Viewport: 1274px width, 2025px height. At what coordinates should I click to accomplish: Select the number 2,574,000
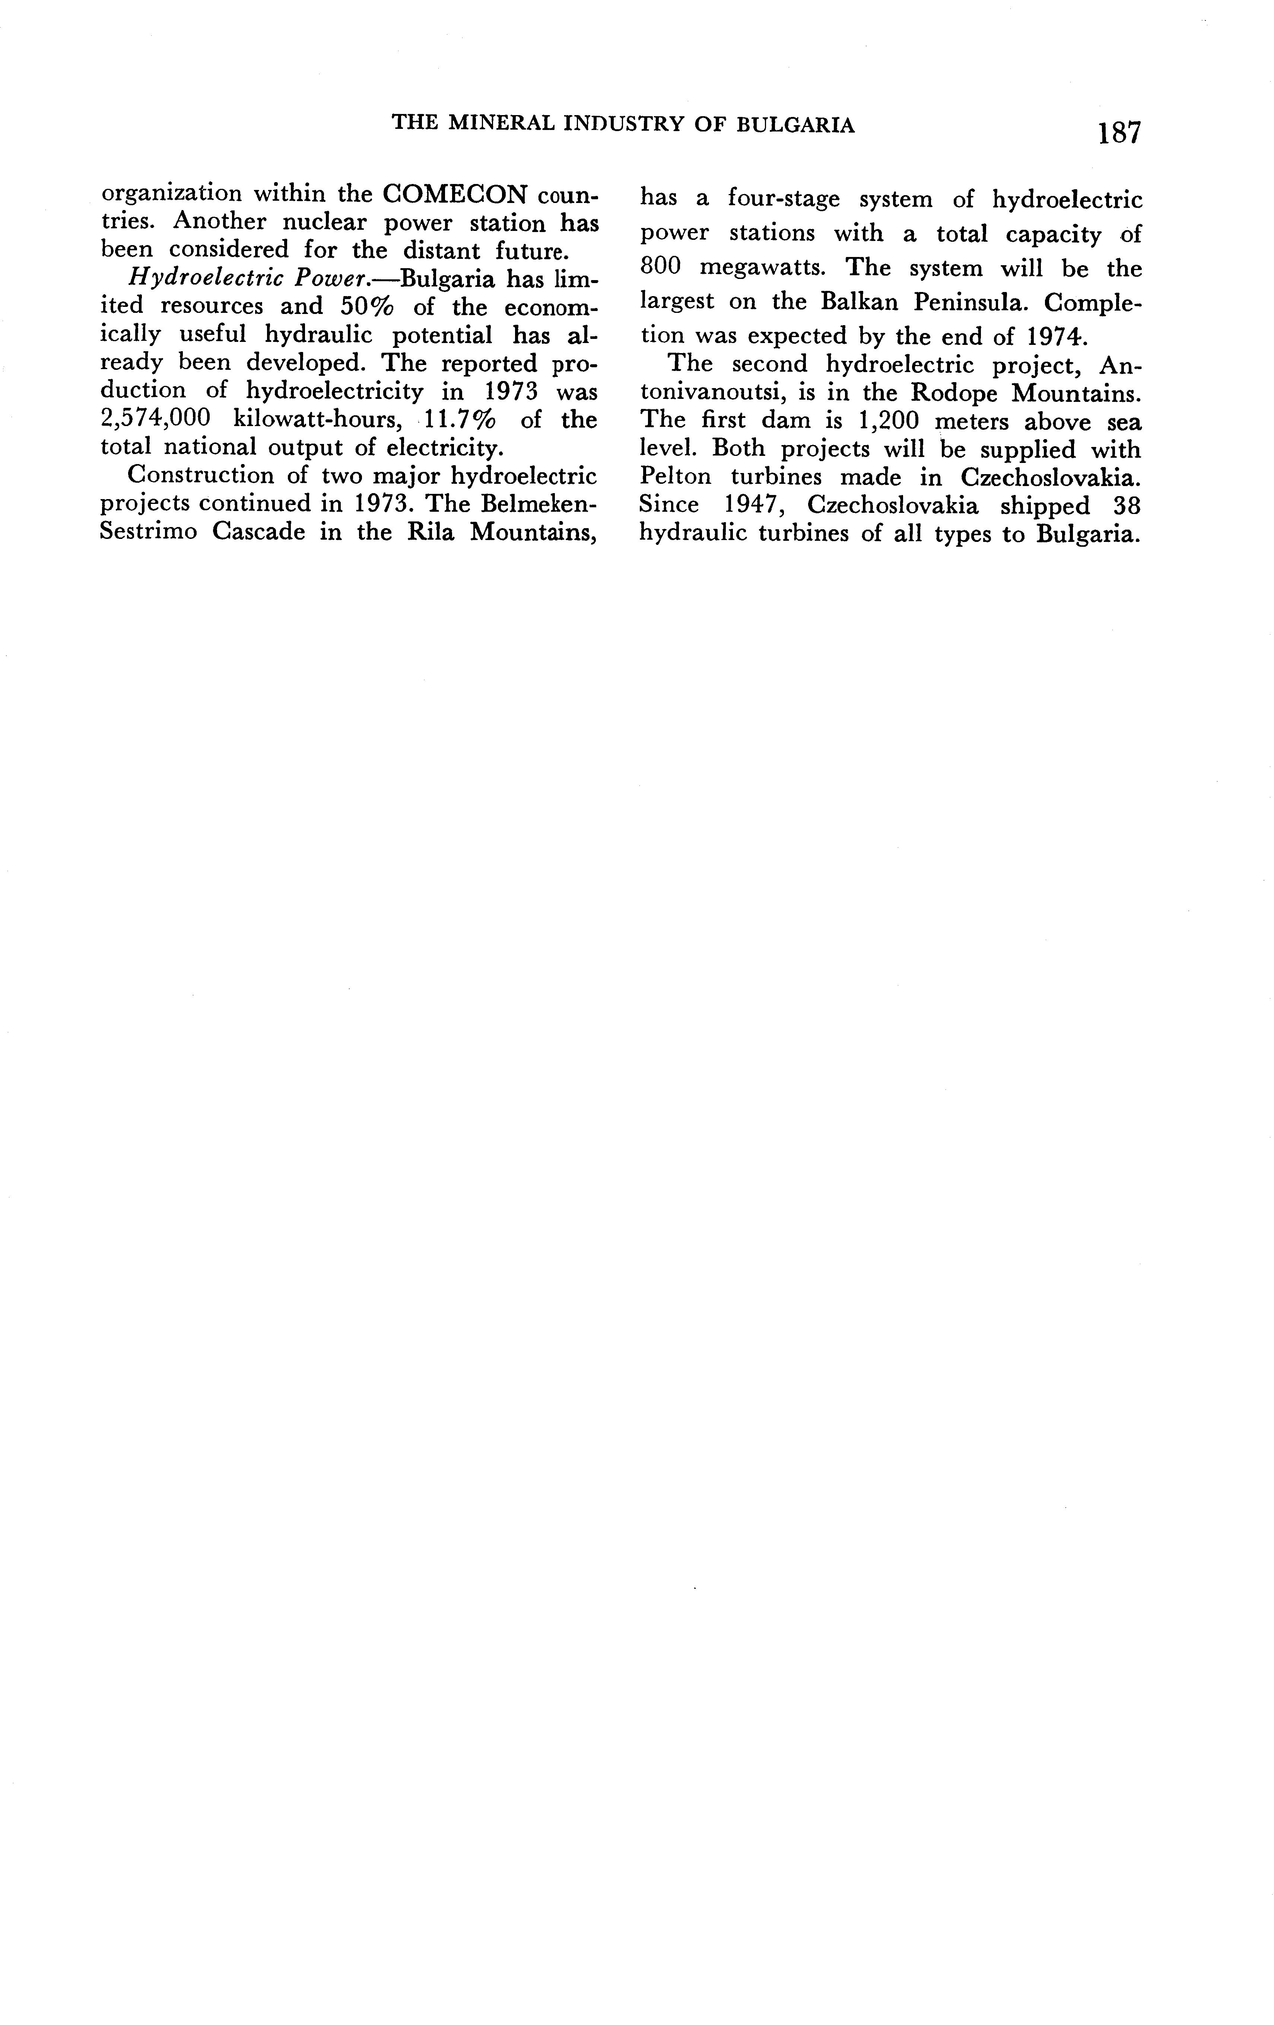click(154, 419)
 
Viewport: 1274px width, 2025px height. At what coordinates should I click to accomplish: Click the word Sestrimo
click(146, 532)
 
